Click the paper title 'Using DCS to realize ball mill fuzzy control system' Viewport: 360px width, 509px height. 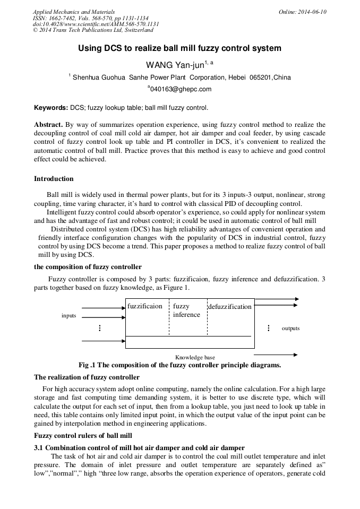[179, 48]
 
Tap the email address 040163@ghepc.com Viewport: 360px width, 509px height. [181, 89]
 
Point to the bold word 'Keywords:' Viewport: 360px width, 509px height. [51, 108]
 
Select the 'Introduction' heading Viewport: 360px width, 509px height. [54, 178]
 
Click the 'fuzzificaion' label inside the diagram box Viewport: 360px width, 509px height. [145, 306]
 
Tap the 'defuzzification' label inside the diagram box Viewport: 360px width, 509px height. [229, 307]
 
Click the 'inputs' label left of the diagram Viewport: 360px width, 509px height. [69, 316]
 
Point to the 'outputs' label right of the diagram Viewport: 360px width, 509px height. [290, 329]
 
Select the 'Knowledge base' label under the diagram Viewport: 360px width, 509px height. [195, 357]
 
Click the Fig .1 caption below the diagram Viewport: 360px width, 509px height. [179, 365]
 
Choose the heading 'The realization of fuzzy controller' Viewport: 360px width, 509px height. [87, 377]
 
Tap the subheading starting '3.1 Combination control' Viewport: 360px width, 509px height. [139, 448]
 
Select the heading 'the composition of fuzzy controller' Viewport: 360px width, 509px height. [88, 266]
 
